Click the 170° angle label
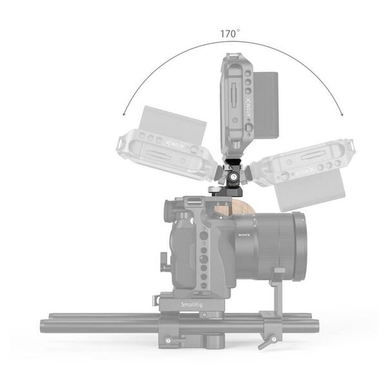tap(230, 32)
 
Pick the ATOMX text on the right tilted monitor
tap(309, 170)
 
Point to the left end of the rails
tap(44, 322)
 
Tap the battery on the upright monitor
tap(265, 103)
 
